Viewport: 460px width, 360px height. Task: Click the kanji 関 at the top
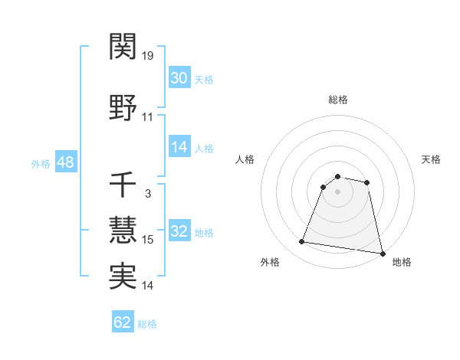[123, 47]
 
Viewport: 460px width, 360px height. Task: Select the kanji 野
[123, 109]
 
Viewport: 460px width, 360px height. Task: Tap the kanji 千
[123, 185]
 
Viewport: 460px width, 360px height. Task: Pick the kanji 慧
[123, 231]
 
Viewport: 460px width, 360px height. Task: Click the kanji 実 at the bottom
[123, 277]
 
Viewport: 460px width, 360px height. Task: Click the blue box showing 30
[179, 78]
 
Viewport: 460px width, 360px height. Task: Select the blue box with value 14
[179, 147]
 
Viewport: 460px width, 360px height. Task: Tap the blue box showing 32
[179, 231]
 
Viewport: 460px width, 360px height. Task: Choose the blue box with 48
[64, 162]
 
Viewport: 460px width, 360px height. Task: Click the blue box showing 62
[123, 322]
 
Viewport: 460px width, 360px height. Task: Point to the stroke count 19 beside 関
[148, 56]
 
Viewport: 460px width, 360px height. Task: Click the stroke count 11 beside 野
[148, 117]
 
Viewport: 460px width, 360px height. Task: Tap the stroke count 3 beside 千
[148, 193]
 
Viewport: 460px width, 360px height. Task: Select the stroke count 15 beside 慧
[148, 240]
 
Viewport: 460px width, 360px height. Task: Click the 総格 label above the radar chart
[338, 100]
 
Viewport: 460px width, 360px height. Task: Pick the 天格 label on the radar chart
[432, 159]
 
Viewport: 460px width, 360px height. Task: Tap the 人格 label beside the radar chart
[245, 159]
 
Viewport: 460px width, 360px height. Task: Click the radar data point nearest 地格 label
[381, 253]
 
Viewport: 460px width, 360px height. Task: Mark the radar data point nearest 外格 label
[301, 242]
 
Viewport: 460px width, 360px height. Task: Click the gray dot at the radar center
[338, 191]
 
